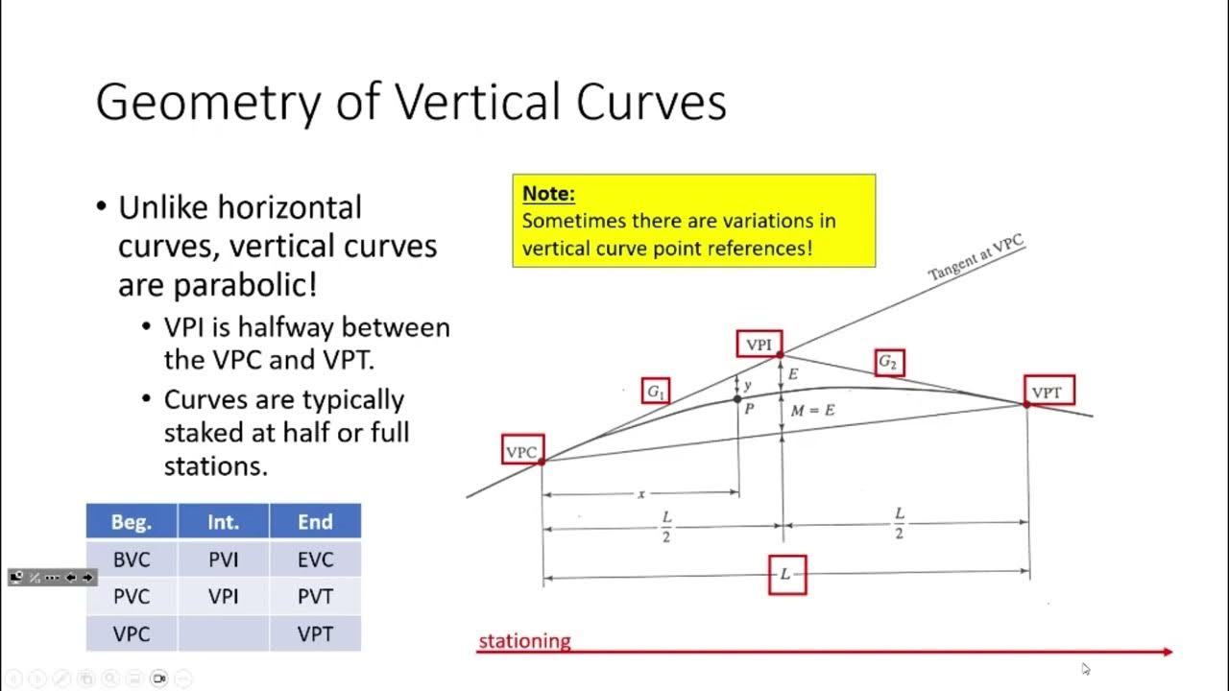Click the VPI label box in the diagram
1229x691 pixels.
click(x=759, y=344)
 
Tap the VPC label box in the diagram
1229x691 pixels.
click(x=522, y=450)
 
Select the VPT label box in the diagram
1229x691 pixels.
click(x=1048, y=391)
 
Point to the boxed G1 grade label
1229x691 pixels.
click(x=656, y=391)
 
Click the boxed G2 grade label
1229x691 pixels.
click(x=889, y=362)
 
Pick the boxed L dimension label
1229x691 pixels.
click(x=786, y=574)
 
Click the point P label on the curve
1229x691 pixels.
click(x=749, y=409)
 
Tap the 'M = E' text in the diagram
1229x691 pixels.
click(x=812, y=411)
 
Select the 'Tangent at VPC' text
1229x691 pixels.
click(x=976, y=258)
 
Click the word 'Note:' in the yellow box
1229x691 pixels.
click(x=548, y=194)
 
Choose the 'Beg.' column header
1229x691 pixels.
click(x=132, y=521)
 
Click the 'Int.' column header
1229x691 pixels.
click(x=223, y=521)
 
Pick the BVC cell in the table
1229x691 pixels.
click(x=132, y=560)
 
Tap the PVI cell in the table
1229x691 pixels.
click(x=223, y=560)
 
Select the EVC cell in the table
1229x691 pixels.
click(x=315, y=560)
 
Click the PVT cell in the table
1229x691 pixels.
click(x=315, y=597)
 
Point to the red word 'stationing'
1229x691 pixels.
click(x=524, y=641)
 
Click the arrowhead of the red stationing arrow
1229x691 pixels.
click(x=1168, y=652)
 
